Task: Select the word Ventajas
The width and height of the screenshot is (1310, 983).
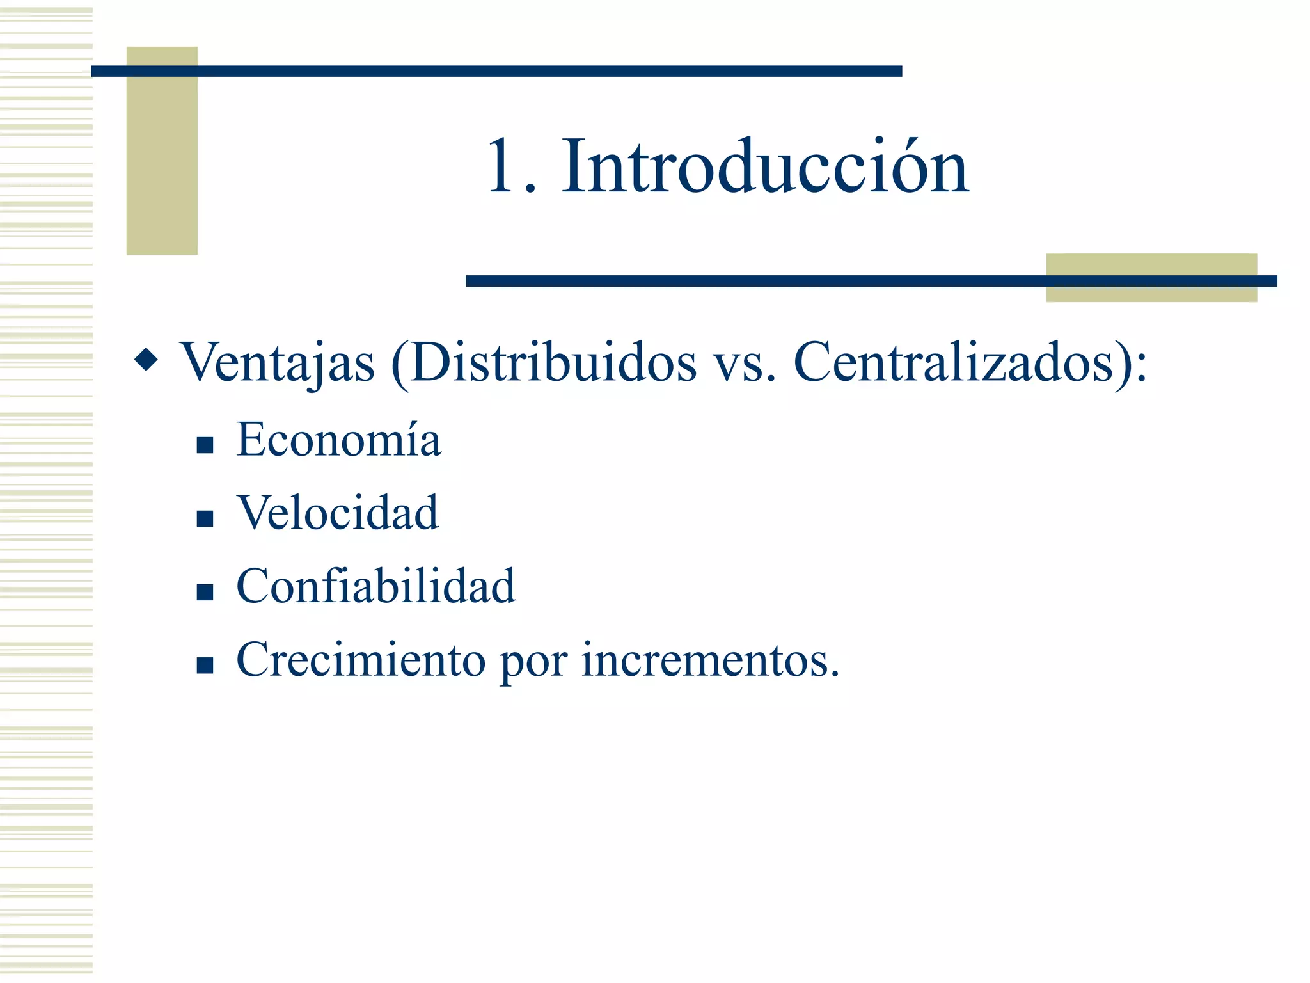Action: click(277, 363)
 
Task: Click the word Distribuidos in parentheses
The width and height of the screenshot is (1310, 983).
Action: click(553, 363)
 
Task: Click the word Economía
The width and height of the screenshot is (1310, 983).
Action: click(338, 440)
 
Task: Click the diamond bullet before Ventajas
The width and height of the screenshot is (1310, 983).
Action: click(146, 359)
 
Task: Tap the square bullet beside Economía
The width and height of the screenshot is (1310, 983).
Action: click(205, 445)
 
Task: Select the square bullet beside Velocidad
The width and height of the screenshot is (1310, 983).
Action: click(205, 518)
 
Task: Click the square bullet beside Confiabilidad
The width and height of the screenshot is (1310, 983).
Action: click(205, 592)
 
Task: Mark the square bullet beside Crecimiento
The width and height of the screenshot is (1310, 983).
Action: click(205, 666)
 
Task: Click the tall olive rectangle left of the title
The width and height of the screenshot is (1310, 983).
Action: click(162, 151)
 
